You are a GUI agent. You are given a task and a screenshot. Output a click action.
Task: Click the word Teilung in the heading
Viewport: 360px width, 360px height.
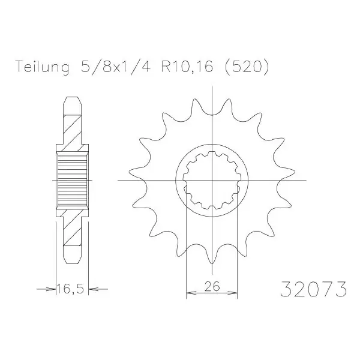pyautogui.click(x=42, y=67)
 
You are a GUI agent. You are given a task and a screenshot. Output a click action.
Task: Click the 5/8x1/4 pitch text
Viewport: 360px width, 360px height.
pyautogui.click(x=116, y=67)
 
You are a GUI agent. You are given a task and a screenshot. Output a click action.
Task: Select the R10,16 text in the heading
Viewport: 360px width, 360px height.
pyautogui.click(x=187, y=67)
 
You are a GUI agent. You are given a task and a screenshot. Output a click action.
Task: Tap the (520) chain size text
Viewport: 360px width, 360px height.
pyautogui.click(x=246, y=67)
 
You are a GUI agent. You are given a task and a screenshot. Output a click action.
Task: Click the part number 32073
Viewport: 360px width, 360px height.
pyautogui.click(x=313, y=289)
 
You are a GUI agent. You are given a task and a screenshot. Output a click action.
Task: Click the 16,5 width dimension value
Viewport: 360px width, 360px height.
pyautogui.click(x=70, y=289)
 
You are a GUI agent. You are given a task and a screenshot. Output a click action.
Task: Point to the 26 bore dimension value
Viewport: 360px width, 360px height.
pyautogui.click(x=212, y=286)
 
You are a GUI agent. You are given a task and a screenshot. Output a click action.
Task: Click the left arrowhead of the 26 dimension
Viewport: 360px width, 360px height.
pyautogui.click(x=191, y=293)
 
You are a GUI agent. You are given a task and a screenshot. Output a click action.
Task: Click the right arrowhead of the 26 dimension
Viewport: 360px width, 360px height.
pyautogui.click(x=232, y=293)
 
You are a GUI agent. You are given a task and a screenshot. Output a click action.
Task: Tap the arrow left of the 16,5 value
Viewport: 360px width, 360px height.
pyautogui.click(x=46, y=289)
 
